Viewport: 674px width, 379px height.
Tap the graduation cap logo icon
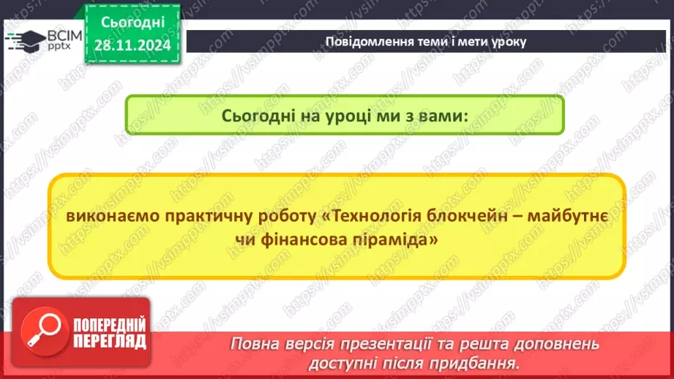click(24, 40)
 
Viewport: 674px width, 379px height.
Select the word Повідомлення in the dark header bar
click(358, 42)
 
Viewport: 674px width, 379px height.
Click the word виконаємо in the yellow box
click(111, 218)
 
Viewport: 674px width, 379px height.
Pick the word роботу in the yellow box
click(288, 218)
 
